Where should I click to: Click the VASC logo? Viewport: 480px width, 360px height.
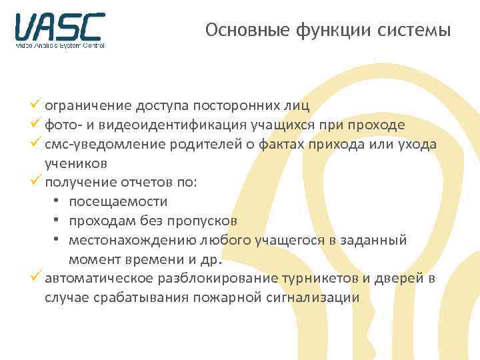click(x=60, y=30)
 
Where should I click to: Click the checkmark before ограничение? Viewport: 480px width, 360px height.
click(x=37, y=105)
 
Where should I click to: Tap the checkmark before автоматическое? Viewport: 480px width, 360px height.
click(x=37, y=277)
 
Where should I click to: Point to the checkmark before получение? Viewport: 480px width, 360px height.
click(x=37, y=181)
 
